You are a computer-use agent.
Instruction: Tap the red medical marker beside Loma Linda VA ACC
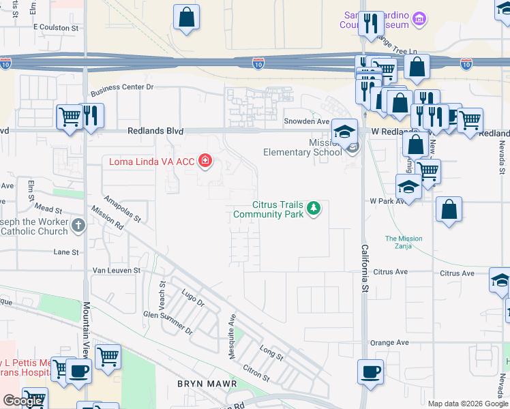pyautogui.click(x=205, y=162)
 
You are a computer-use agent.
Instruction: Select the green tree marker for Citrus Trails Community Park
pyautogui.click(x=313, y=208)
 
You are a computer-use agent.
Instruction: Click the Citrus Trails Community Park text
pyautogui.click(x=268, y=209)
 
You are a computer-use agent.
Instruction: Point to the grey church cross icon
pyautogui.click(x=79, y=226)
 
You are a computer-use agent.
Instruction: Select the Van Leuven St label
pyautogui.click(x=116, y=271)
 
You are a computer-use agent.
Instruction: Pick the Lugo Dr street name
pyautogui.click(x=193, y=299)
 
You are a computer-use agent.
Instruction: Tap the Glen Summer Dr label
pyautogui.click(x=168, y=320)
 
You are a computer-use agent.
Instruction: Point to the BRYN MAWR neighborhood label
pyautogui.click(x=207, y=384)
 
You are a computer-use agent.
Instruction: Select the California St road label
pyautogui.click(x=365, y=269)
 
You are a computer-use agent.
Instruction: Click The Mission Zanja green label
pyautogui.click(x=404, y=243)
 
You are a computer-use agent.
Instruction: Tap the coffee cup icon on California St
pyautogui.click(x=370, y=372)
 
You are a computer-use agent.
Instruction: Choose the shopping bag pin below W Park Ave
pyautogui.click(x=449, y=210)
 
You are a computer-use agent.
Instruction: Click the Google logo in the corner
pyautogui.click(x=23, y=401)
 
